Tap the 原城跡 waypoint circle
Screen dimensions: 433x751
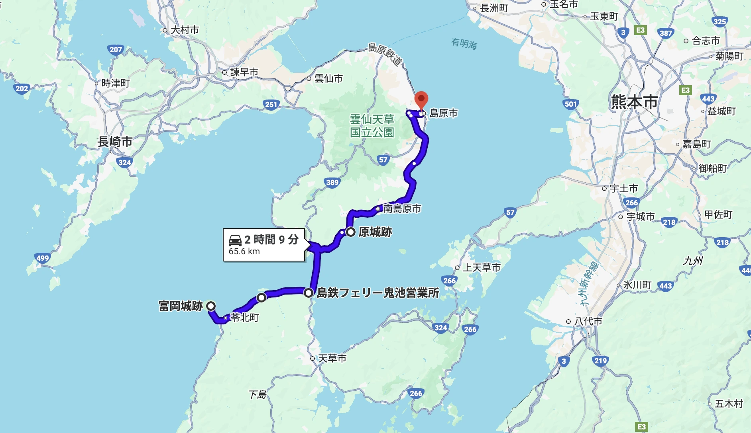tap(350, 232)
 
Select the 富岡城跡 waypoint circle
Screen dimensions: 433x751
tap(211, 306)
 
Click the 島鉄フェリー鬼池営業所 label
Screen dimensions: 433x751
tap(377, 293)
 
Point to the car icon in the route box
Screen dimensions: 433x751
tap(235, 240)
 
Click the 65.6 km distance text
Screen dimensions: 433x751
tap(244, 252)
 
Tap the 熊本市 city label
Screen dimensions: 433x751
tap(634, 102)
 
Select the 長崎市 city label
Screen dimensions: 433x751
tap(115, 142)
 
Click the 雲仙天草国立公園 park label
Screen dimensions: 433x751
tap(372, 126)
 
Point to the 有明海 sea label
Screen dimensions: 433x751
tap(464, 43)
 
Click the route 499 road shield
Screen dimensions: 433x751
tap(42, 258)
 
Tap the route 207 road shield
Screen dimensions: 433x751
tap(116, 50)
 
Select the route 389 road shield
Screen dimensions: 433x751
tap(332, 183)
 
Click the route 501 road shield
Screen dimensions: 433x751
tap(570, 104)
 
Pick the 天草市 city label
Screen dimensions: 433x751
tap(332, 359)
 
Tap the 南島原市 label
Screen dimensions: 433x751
tap(402, 209)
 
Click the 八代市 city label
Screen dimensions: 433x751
tap(588, 321)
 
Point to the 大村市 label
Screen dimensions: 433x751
tap(185, 30)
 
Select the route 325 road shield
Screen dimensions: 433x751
tap(720, 22)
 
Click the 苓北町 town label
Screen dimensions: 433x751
tap(245, 318)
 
